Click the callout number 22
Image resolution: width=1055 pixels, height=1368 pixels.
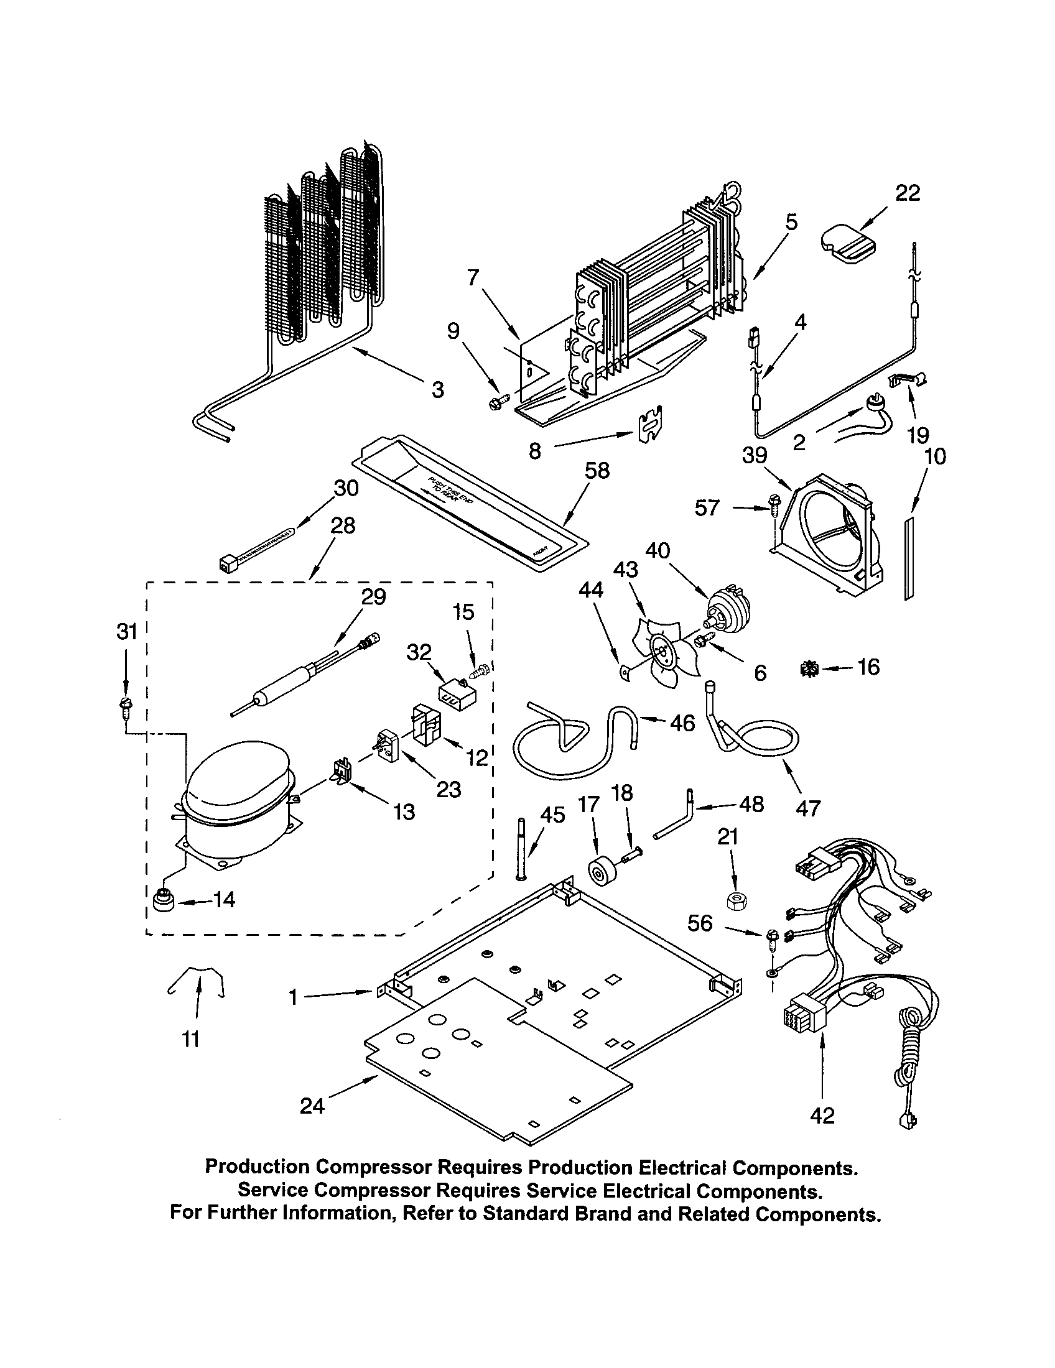pos(907,193)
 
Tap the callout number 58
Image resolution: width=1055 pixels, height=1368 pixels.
pos(597,471)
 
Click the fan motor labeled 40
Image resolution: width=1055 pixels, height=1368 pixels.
pos(726,606)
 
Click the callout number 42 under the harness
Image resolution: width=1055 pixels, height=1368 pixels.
pos(822,1116)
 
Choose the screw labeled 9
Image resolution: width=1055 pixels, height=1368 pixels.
pos(497,404)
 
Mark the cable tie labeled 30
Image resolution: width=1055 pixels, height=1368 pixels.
pos(258,547)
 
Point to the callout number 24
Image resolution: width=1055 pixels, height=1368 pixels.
pos(312,1106)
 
